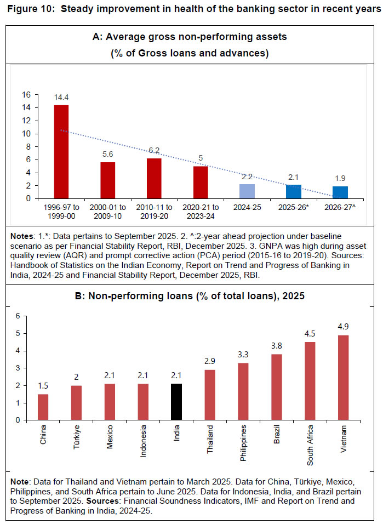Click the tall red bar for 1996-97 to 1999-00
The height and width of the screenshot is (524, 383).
[61, 152]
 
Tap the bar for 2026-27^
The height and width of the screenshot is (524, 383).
[340, 192]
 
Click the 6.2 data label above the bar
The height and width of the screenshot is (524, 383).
[154, 151]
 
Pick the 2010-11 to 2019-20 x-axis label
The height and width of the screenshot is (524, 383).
[154, 212]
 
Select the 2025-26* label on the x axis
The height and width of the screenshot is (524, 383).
[294, 208]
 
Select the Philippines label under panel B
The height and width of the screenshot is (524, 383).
[242, 443]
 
